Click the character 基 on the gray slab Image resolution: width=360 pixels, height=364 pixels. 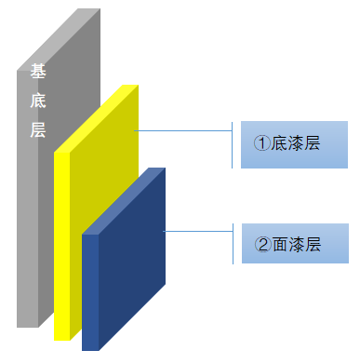coord(38,71)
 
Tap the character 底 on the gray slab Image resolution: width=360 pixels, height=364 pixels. coord(38,101)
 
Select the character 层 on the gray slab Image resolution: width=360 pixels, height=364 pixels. coord(38,129)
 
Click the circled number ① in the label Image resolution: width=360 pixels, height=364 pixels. coord(262,143)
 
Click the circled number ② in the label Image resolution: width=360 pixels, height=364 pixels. coord(263,244)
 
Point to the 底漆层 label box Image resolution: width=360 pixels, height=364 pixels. coord(294,144)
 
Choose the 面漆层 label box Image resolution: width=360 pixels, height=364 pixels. coord(295,243)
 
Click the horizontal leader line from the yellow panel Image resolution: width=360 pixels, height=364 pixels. coord(183,130)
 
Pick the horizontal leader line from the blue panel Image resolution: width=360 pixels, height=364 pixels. coord(198,231)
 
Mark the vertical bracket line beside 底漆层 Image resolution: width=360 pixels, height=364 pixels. coord(232,145)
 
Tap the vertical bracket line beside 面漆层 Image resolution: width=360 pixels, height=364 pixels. coord(233,244)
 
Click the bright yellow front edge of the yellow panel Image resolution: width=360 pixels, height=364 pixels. coord(62,247)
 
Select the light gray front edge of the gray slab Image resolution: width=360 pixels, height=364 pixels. coord(28,198)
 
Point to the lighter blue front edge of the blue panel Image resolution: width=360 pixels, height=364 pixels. coord(90,292)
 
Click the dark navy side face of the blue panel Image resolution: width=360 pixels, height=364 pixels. coord(132,259)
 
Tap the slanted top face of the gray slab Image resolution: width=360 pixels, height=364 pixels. coord(59,39)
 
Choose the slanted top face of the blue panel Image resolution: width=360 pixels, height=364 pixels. coord(124,201)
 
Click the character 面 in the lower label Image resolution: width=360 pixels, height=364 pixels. coord(279,244)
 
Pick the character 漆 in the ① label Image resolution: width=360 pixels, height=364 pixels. coord(295,143)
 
